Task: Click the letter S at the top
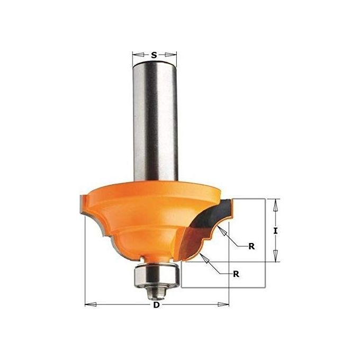[x=154, y=55]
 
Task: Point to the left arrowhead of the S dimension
[x=136, y=55]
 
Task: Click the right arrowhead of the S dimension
[x=172, y=55]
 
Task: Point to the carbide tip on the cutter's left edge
[x=82, y=204]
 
